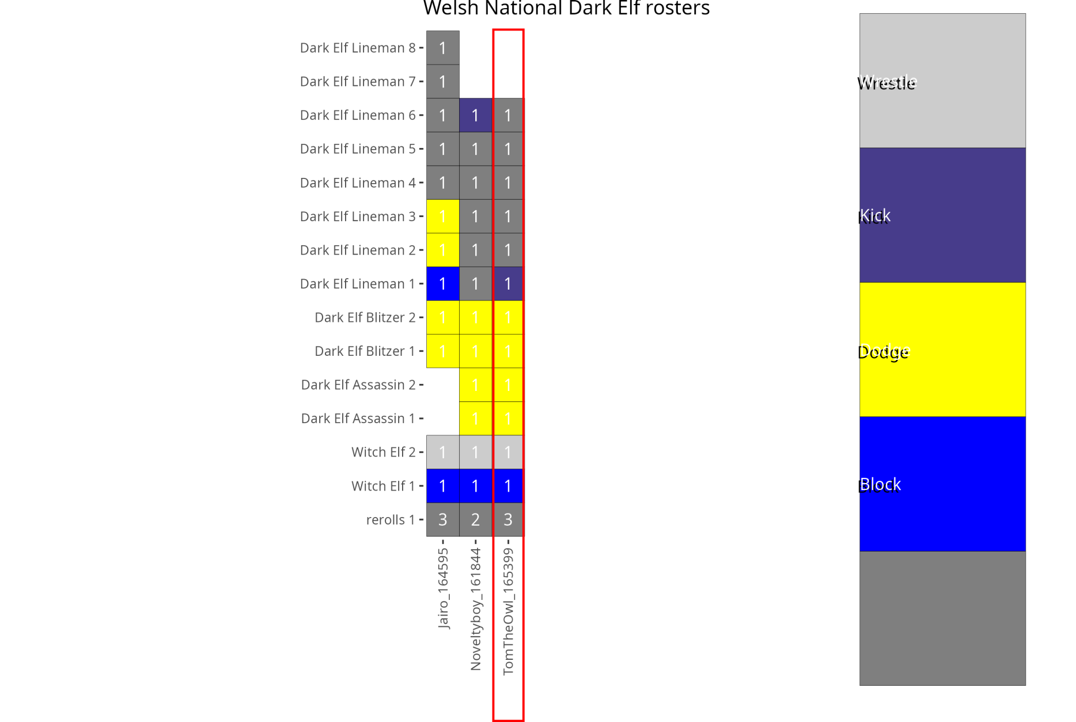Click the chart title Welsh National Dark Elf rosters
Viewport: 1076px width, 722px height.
coord(566,9)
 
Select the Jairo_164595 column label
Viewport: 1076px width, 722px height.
coord(443,588)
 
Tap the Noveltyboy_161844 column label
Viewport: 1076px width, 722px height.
coord(476,609)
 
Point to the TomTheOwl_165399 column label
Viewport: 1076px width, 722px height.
coord(508,611)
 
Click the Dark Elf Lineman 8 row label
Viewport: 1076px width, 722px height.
coord(357,48)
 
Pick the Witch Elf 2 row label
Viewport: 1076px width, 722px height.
coord(383,452)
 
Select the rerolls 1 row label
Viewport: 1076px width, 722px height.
coord(390,520)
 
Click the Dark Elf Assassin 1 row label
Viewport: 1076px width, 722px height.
coord(358,419)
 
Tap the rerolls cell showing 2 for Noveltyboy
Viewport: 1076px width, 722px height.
coord(476,520)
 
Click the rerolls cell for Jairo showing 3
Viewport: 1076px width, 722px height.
coord(443,520)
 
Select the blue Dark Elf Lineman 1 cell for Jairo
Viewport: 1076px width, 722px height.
coord(443,284)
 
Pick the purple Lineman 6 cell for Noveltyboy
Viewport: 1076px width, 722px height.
coord(476,115)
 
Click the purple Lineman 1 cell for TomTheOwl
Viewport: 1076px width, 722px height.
coord(508,284)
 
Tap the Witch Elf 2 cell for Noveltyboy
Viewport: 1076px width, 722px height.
coord(476,452)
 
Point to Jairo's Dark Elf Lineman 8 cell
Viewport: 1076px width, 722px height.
coord(443,48)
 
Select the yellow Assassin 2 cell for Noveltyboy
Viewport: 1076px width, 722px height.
coord(476,385)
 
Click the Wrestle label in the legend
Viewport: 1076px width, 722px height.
coord(886,83)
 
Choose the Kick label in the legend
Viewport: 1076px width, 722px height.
coord(874,216)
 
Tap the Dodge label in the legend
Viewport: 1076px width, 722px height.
coord(883,352)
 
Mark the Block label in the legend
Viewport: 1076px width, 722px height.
coord(880,485)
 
